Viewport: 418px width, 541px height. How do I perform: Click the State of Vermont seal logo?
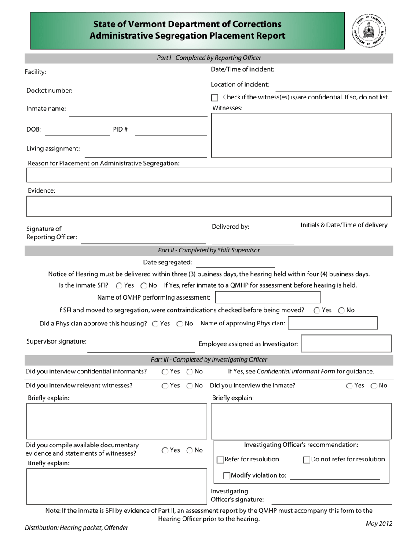click(x=369, y=31)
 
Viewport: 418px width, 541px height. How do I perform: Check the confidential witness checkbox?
click(x=215, y=98)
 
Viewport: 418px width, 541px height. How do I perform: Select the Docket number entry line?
click(x=142, y=94)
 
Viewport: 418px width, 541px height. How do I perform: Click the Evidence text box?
click(x=209, y=206)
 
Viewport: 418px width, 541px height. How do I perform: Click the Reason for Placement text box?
click(x=209, y=175)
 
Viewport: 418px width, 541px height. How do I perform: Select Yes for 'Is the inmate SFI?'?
click(x=119, y=285)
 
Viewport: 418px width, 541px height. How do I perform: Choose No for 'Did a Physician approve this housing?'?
click(x=180, y=324)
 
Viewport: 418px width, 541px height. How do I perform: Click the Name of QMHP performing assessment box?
click(x=268, y=297)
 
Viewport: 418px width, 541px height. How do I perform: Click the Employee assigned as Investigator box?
click(x=346, y=344)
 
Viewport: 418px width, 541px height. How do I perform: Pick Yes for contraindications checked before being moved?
click(x=317, y=311)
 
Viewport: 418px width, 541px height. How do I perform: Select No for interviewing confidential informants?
click(x=190, y=372)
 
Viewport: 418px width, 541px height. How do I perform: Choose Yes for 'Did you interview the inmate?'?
click(x=349, y=386)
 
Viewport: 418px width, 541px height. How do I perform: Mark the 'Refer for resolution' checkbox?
click(x=221, y=460)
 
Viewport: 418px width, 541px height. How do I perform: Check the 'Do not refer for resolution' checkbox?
click(x=307, y=460)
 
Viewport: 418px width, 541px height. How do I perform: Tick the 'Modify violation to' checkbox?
click(x=227, y=475)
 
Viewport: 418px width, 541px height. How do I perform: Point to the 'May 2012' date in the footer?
click(x=378, y=523)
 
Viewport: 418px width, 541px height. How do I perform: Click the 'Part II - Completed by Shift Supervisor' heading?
click(x=209, y=250)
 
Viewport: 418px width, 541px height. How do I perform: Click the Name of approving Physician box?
click(x=333, y=323)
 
